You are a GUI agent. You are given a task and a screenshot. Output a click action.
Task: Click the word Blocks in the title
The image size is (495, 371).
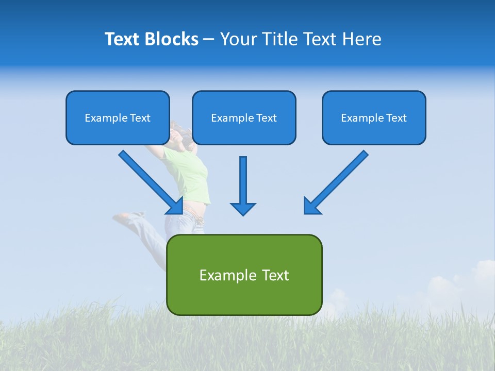point(172,39)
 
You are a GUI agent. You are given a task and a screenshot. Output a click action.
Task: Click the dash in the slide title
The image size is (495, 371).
point(209,40)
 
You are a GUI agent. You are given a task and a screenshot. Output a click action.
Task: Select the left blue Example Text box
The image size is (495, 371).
point(118,117)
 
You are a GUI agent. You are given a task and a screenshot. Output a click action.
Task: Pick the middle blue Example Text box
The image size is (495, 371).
point(244,117)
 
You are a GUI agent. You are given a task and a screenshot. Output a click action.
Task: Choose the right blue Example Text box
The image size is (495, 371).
point(374,117)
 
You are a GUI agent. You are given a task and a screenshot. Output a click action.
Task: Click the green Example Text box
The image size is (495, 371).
point(244,275)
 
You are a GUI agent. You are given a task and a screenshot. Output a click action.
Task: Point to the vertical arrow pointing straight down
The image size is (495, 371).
point(243,183)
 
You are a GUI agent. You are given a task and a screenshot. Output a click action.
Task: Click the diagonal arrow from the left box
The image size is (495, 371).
point(150,180)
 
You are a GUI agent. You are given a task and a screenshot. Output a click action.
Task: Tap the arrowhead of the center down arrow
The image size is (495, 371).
point(243,209)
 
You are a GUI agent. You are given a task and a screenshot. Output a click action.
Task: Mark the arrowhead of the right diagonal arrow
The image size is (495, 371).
point(311,206)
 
